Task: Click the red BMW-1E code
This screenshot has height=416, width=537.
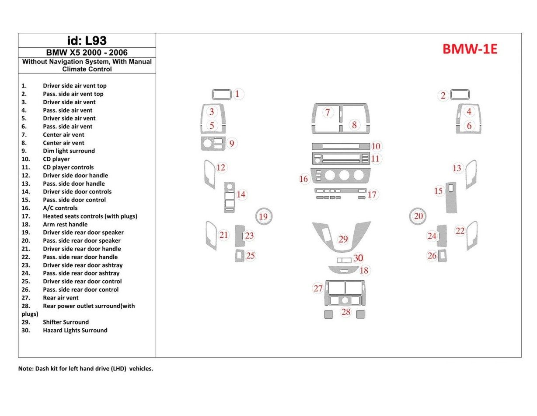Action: point(470,49)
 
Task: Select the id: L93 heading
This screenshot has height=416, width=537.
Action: point(87,41)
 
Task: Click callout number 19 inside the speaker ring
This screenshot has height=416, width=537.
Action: point(263,216)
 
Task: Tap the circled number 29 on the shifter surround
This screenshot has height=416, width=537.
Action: point(343,239)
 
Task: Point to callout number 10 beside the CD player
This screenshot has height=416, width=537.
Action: point(376,146)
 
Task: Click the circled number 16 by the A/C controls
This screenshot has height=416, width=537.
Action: point(303,179)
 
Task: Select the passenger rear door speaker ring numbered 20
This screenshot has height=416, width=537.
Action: point(418,216)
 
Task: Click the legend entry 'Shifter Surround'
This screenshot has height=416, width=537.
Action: point(66,322)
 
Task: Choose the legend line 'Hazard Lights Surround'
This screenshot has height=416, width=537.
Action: point(75,331)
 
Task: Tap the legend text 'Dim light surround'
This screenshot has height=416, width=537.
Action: point(69,151)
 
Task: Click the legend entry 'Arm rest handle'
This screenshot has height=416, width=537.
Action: point(65,225)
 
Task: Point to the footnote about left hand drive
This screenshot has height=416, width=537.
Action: point(86,369)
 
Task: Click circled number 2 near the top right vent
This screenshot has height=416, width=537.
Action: point(443,95)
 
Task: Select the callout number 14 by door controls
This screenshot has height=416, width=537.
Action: point(241,194)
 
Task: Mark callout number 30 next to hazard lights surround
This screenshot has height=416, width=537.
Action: point(358,258)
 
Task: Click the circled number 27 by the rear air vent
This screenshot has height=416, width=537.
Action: point(318,289)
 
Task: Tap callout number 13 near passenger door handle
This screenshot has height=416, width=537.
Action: point(457,168)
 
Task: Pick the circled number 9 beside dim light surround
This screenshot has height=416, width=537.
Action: point(232,143)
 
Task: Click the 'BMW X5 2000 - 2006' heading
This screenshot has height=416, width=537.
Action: point(87,53)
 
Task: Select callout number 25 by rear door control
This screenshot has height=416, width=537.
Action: point(250,256)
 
